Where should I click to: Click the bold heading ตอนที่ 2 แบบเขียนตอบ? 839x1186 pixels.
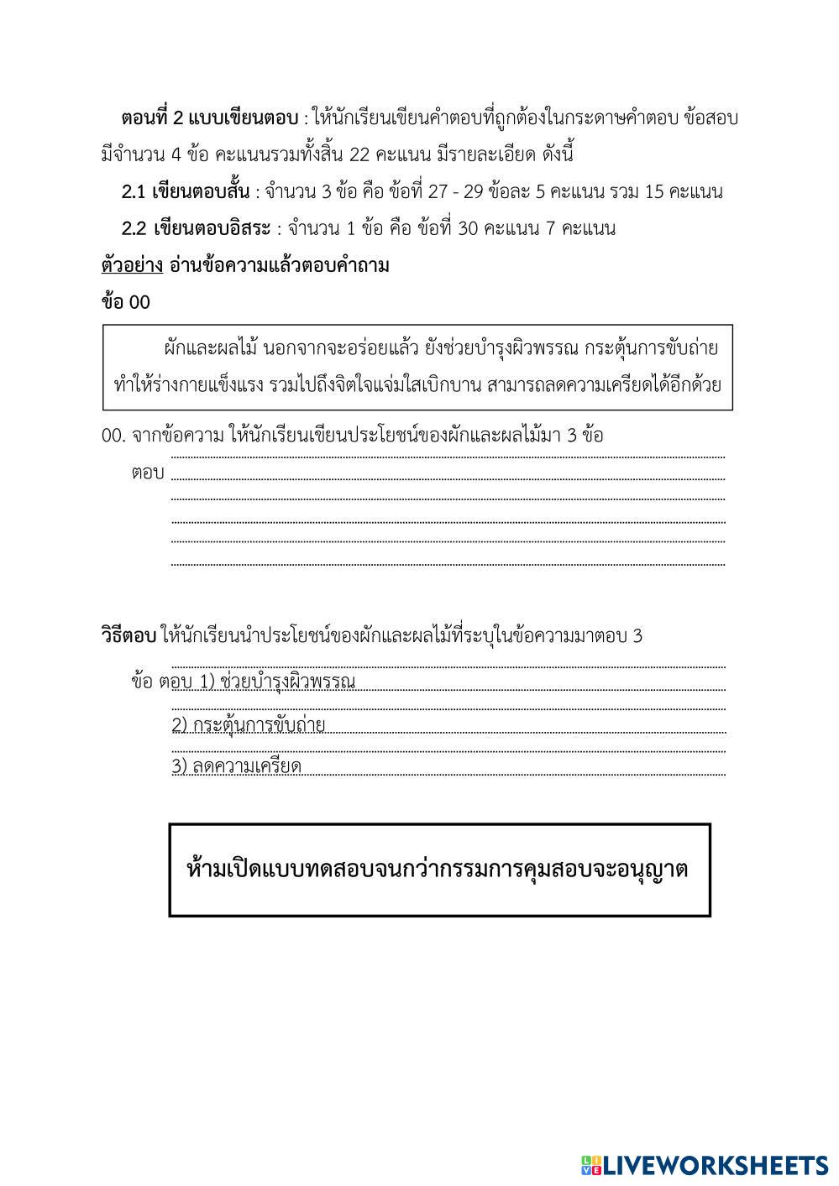(210, 118)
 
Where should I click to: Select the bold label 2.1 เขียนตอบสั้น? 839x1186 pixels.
(186, 191)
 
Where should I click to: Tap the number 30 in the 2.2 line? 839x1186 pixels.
(468, 228)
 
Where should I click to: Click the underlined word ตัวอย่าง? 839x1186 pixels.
(132, 266)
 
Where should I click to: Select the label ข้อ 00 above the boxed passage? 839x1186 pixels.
(125, 302)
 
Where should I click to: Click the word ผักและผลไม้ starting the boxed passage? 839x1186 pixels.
(211, 347)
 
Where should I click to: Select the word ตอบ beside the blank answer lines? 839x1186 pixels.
(148, 473)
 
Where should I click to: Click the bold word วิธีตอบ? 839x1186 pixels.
(128, 635)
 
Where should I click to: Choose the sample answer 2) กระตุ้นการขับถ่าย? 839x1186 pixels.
(249, 724)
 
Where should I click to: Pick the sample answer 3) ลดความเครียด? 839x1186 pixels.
(237, 765)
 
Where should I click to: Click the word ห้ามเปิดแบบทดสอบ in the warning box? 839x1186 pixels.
(278, 869)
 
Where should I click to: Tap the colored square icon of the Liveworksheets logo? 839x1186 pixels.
(590, 1165)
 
